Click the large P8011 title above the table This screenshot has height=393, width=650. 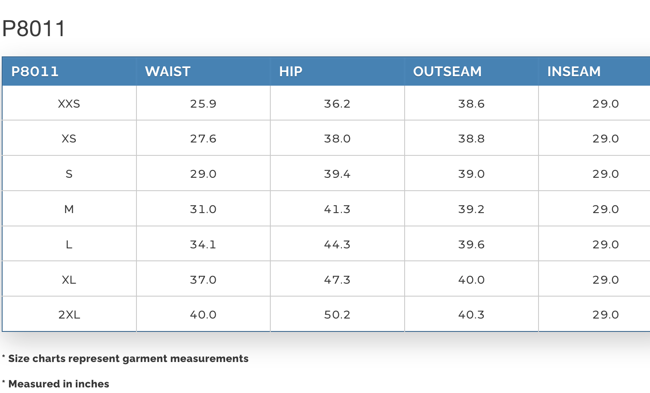tap(34, 28)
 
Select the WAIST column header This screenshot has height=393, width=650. tap(167, 71)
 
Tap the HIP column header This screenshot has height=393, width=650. tap(291, 71)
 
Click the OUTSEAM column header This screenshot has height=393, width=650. tap(447, 71)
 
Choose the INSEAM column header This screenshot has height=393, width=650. tap(574, 71)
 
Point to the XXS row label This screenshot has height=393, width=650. tap(69, 104)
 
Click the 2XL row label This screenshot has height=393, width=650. tap(69, 315)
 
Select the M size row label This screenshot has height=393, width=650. tap(69, 209)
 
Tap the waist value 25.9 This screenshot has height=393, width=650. tap(203, 104)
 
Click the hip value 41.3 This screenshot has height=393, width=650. tap(337, 209)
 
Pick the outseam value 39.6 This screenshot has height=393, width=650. tap(471, 244)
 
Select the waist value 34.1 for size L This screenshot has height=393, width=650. tap(203, 244)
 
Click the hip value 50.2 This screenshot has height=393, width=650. tap(337, 315)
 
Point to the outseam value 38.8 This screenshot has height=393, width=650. tap(471, 139)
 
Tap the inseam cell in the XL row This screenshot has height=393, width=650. tap(606, 280)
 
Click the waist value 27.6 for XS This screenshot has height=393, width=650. tap(203, 139)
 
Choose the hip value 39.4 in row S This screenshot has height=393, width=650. tap(337, 174)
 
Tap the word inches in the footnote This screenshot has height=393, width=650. tap(92, 384)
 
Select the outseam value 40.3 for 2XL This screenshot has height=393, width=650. tap(471, 315)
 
